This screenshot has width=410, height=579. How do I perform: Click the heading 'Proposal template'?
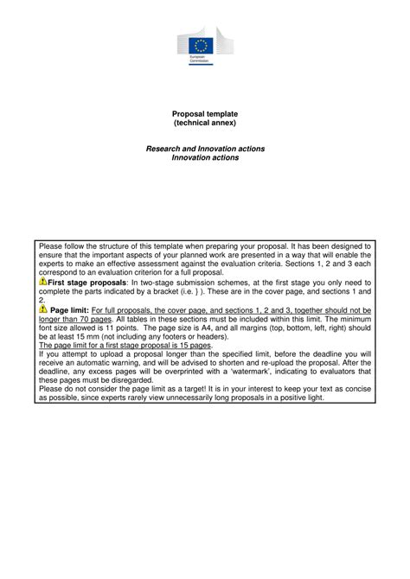[x=205, y=114]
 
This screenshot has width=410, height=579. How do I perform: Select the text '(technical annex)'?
[x=205, y=124]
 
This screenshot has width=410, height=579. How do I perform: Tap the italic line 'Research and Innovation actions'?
[x=205, y=150]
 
